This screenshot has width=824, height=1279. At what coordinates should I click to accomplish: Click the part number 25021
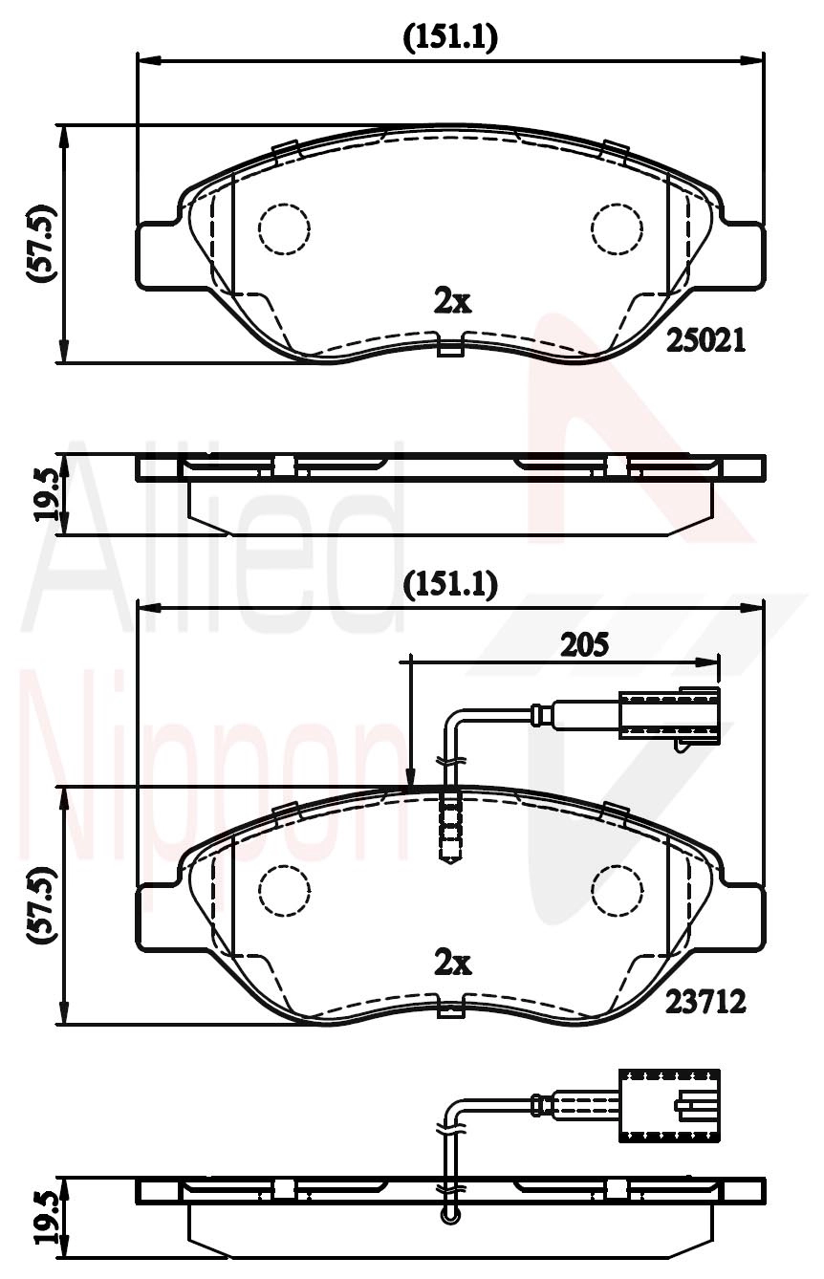pos(706,341)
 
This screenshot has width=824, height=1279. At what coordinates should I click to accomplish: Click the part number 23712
pos(706,1001)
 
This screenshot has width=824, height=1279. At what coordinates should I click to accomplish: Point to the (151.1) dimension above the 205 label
pos(450,585)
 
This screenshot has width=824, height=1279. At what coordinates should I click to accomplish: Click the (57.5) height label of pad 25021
pos(42,243)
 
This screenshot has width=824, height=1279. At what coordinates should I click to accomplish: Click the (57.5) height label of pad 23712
pos(42,903)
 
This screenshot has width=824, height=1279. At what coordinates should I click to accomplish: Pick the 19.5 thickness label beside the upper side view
pos(46,495)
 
